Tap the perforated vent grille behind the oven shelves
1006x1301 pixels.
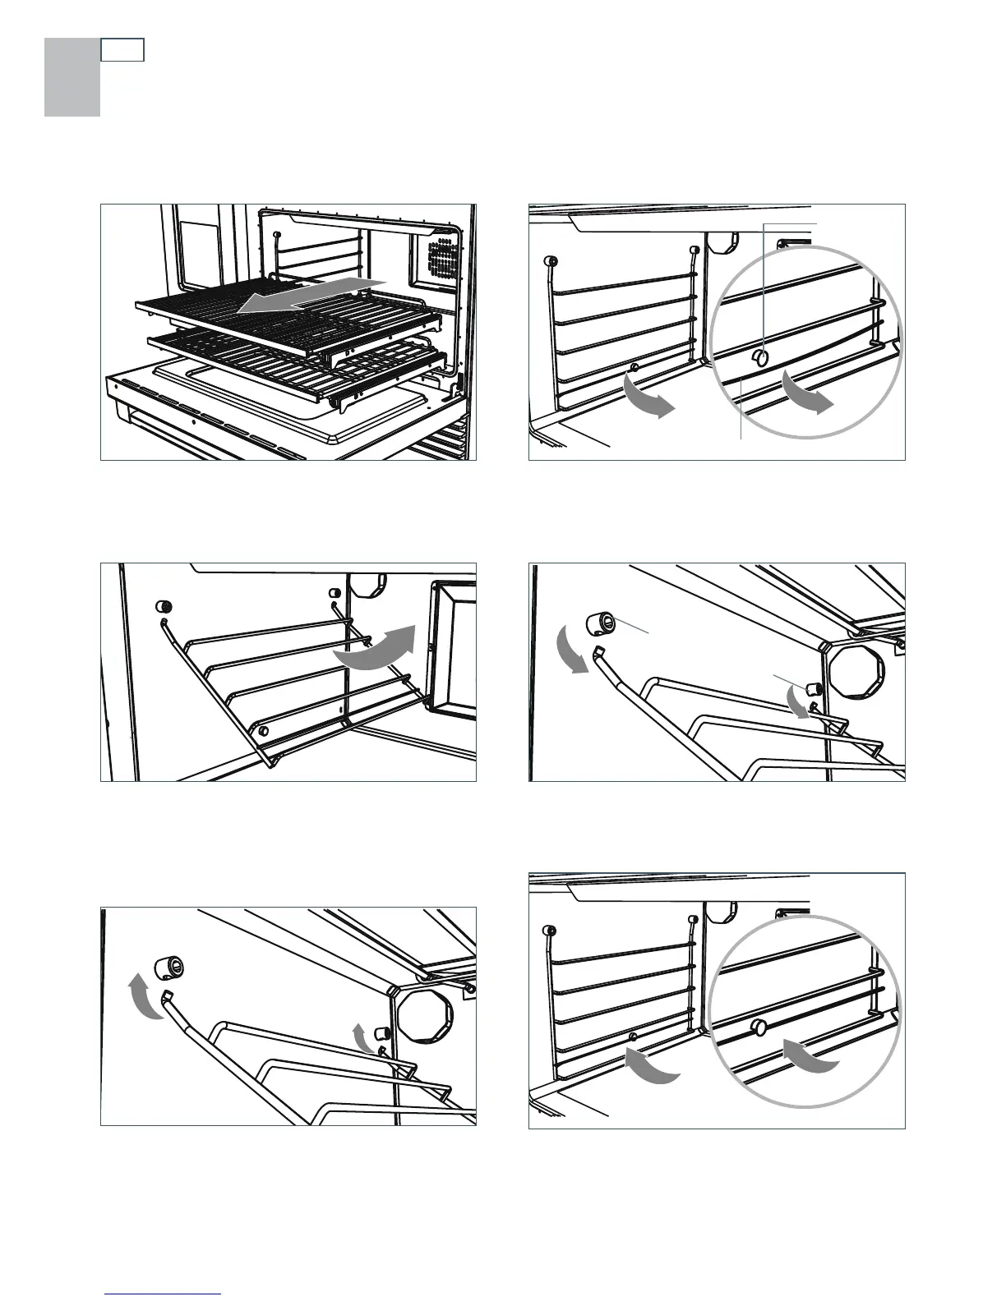pos(443,255)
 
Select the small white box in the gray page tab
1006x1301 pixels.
pos(122,50)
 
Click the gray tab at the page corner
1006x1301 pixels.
pos(72,78)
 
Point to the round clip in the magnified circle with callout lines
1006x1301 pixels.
pos(761,358)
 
